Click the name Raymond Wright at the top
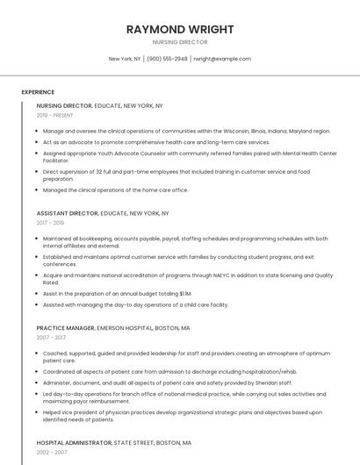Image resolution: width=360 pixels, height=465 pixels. pos(180,29)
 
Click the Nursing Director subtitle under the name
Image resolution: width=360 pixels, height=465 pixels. pos(180,42)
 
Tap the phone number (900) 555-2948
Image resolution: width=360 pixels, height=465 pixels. pos(167,59)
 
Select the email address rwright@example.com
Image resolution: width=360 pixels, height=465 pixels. pos(222,59)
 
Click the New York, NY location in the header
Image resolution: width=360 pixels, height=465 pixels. pos(125,59)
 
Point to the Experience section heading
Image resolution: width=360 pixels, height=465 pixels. pos(38,92)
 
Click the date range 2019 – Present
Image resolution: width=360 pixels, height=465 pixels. pos(55,115)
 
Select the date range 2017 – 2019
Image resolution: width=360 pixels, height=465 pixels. pos(51,223)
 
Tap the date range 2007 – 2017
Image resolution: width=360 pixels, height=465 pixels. pos(51,337)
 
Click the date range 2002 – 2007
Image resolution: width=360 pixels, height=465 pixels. pos(51,452)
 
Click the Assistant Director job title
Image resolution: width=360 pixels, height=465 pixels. pos(67,213)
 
